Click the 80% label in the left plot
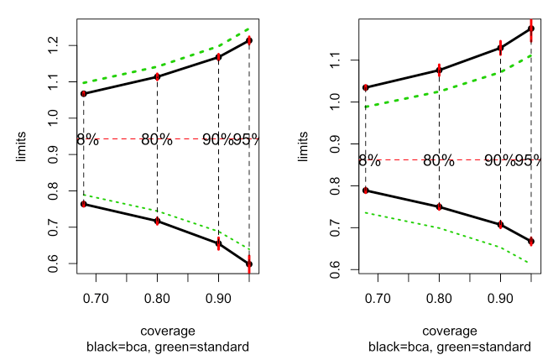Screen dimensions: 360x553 (157, 139)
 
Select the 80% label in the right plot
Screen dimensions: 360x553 (439, 160)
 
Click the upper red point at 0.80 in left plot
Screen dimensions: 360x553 (157, 77)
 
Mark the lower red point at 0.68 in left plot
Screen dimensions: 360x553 (84, 204)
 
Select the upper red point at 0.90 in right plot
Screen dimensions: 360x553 (500, 48)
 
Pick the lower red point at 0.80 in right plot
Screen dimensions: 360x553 (439, 206)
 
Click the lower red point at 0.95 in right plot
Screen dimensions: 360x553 (531, 242)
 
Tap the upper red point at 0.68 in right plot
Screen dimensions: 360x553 (365, 87)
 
